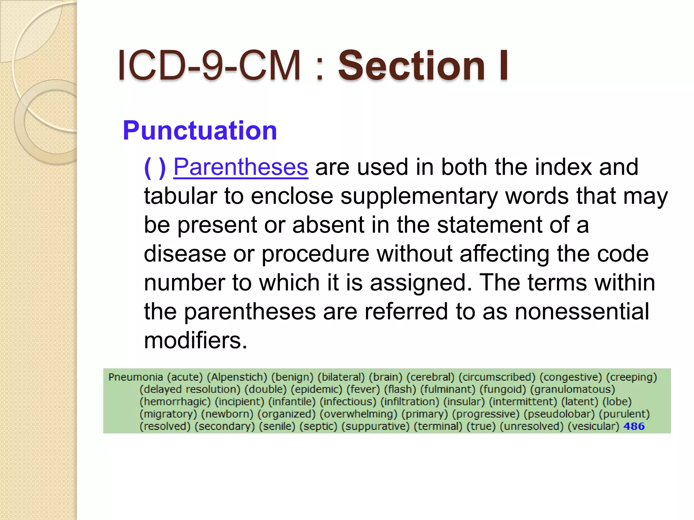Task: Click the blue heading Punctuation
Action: pos(200,130)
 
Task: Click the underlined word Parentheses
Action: pos(241,167)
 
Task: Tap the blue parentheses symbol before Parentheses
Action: pos(155,167)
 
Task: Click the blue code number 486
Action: pos(634,426)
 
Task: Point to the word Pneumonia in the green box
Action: pos(136,377)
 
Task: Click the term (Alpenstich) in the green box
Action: pos(237,377)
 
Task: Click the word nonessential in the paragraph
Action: pos(581,311)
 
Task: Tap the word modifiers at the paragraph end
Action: pos(195,340)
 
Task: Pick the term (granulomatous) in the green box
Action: pos(572,389)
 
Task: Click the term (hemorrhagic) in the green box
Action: pos(175,402)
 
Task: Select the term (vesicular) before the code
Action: pos(593,426)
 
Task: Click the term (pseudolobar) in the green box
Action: pos(559,414)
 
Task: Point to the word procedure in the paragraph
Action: pos(315,254)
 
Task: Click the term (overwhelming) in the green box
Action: pos(359,414)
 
